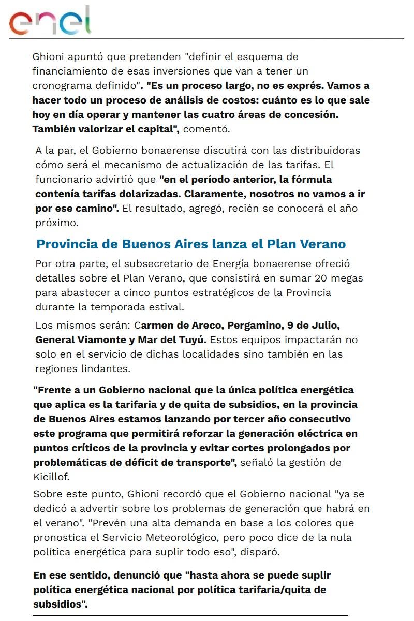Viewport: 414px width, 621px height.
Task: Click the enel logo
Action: [x=50, y=21]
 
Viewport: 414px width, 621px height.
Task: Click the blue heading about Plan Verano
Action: [x=191, y=244]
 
